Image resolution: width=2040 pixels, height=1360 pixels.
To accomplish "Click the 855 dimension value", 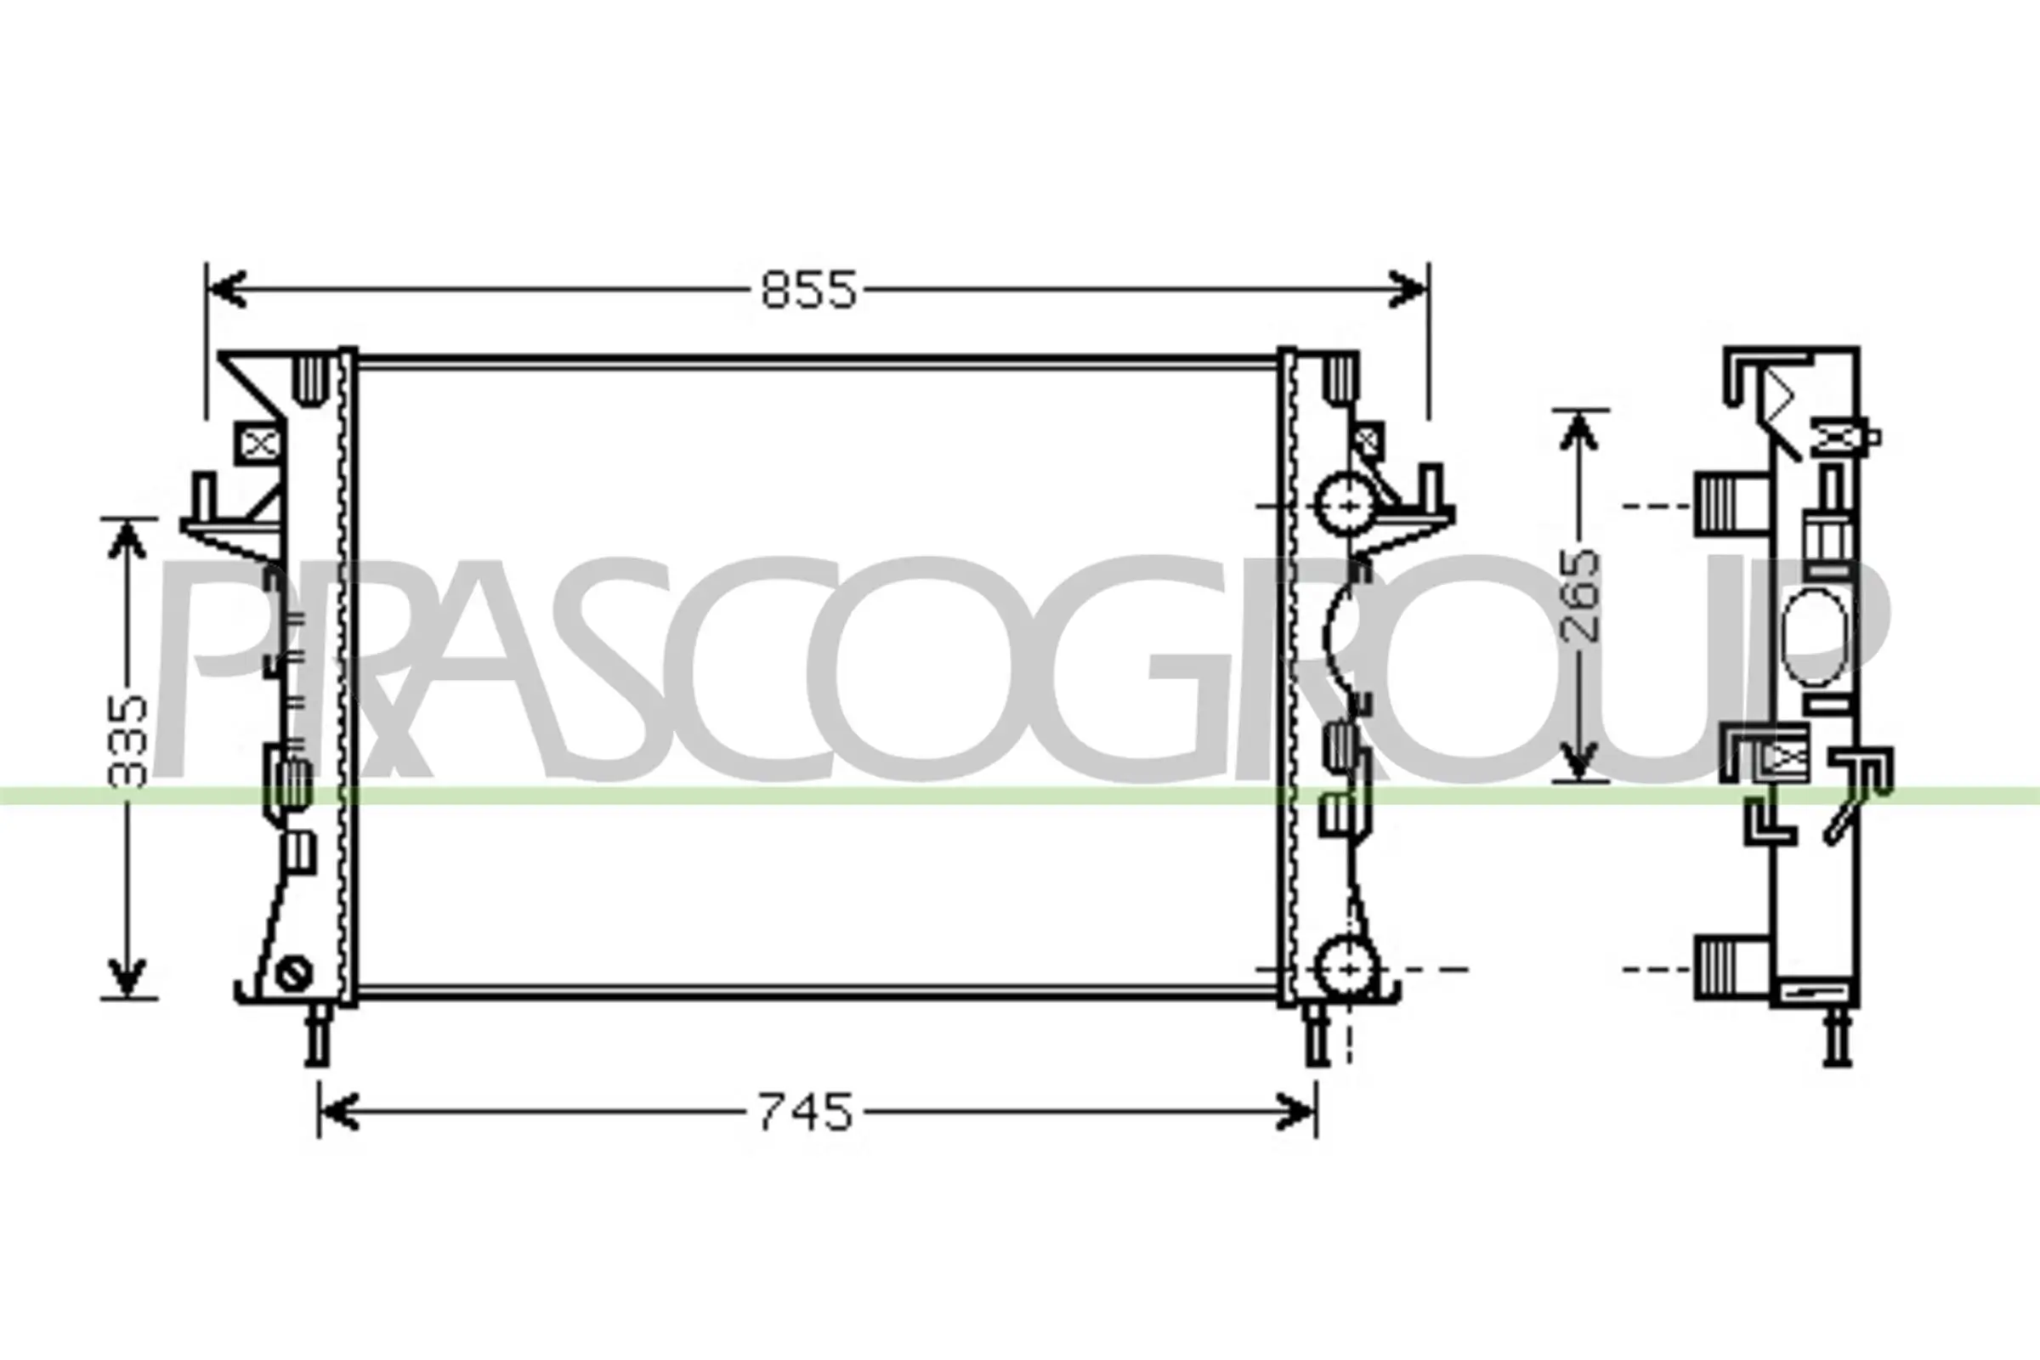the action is tap(808, 290).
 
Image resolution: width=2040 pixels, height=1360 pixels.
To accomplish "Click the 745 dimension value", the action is tap(806, 1112).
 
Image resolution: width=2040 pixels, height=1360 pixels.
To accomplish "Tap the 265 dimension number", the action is tap(1579, 596).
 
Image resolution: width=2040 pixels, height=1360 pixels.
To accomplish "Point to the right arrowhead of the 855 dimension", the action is tap(1407, 289).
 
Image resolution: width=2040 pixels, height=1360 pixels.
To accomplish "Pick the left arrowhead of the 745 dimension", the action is tap(339, 1112).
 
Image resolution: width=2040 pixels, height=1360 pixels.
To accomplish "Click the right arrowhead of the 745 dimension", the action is tap(1295, 1112).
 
